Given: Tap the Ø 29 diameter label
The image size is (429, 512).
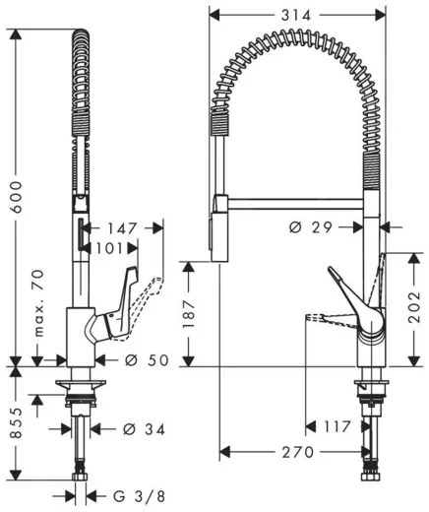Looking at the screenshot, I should [311, 227].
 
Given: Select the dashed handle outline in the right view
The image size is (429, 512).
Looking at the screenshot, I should [323, 317].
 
